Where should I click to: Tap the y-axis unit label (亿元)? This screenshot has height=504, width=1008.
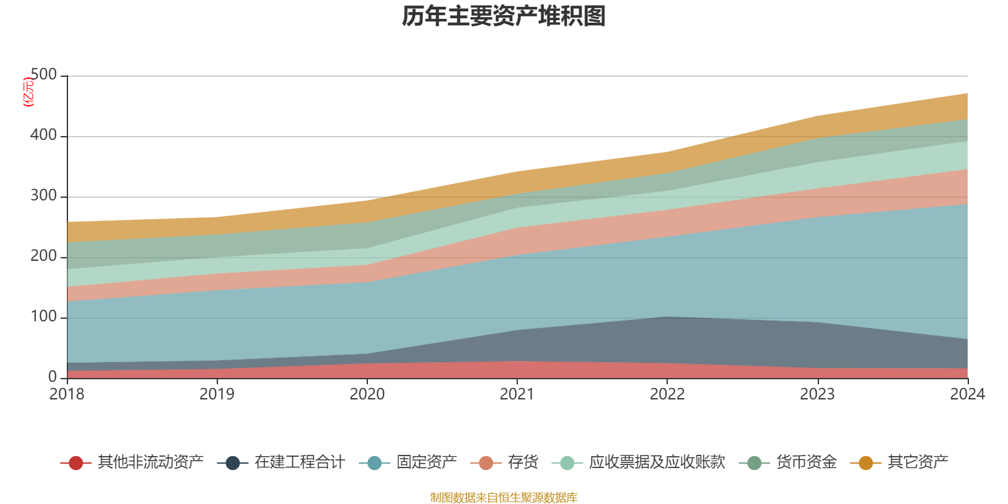[28, 92]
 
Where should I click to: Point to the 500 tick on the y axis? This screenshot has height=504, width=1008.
[43, 75]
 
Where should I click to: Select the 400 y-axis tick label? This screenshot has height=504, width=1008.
[43, 135]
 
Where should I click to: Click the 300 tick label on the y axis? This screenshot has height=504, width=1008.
[43, 196]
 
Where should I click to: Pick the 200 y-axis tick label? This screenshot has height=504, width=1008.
[43, 256]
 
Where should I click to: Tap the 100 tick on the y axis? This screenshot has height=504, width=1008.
[43, 317]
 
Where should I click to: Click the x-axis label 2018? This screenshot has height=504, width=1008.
[67, 394]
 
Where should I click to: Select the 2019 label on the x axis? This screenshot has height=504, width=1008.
[217, 394]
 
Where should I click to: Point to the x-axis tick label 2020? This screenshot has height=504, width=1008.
[367, 394]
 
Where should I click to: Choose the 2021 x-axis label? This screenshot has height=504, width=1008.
[517, 394]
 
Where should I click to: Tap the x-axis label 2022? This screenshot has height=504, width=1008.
[667, 394]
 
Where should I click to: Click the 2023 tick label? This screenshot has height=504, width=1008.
[817, 394]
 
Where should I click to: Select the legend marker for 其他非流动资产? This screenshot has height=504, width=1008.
[76, 463]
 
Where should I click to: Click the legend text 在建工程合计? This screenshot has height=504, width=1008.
[300, 462]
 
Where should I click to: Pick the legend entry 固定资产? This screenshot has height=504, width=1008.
[427, 462]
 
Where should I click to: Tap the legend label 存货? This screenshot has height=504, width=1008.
[523, 462]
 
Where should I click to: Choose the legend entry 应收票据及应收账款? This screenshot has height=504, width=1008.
[657, 462]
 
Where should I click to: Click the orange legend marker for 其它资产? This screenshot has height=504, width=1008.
[866, 463]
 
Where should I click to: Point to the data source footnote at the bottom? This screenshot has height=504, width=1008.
[504, 498]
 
